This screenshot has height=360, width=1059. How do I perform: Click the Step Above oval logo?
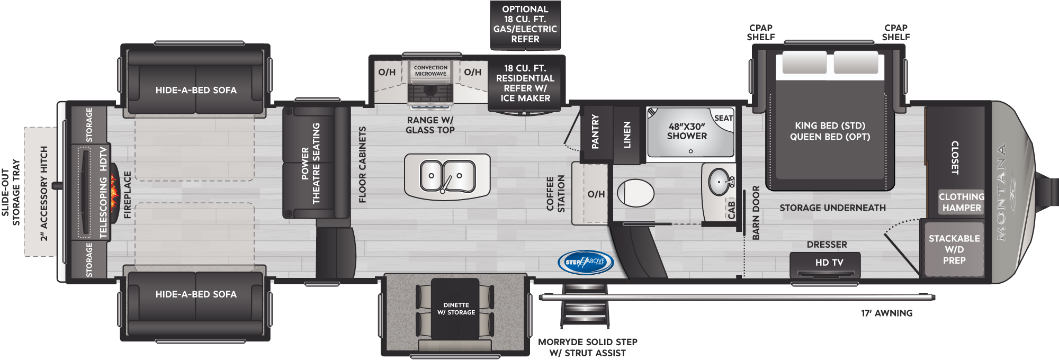tap(585, 262)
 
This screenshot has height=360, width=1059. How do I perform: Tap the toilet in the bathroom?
tap(635, 193)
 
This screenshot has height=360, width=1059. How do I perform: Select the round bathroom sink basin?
tap(719, 182)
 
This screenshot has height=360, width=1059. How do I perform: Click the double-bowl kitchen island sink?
tap(447, 176)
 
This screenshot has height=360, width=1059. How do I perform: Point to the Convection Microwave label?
tap(430, 70)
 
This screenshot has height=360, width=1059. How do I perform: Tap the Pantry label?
tap(595, 131)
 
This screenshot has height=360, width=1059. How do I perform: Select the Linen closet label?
tap(627, 134)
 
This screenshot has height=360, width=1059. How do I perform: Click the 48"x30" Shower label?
tap(687, 131)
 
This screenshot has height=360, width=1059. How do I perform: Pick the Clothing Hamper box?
tap(961, 202)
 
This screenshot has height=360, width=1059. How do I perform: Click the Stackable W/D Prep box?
tap(954, 249)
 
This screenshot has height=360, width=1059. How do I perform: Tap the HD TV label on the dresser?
tap(829, 263)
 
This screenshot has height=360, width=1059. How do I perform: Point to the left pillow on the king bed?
tap(804, 63)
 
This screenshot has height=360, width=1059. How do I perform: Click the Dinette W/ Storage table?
tap(455, 309)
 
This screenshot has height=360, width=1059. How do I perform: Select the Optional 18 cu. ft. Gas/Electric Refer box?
tap(525, 25)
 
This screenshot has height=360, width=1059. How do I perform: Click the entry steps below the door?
tap(585, 306)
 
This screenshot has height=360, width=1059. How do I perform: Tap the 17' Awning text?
tap(887, 313)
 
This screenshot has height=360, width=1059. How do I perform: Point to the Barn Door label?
tap(756, 212)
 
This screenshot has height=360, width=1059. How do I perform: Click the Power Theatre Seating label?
tap(311, 164)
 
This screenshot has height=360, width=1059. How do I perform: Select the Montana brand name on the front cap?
tap(1001, 193)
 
